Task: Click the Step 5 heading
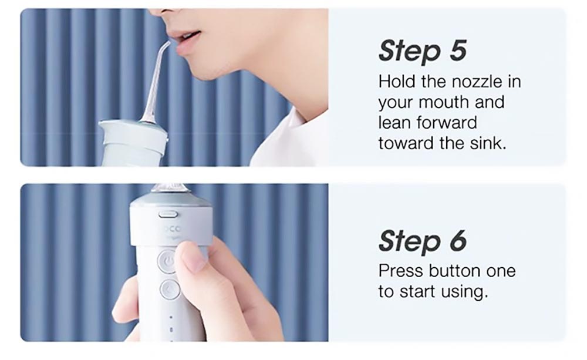[x=422, y=51]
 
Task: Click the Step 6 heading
[x=422, y=241]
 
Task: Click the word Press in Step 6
[x=400, y=271]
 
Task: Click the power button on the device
[x=168, y=260]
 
